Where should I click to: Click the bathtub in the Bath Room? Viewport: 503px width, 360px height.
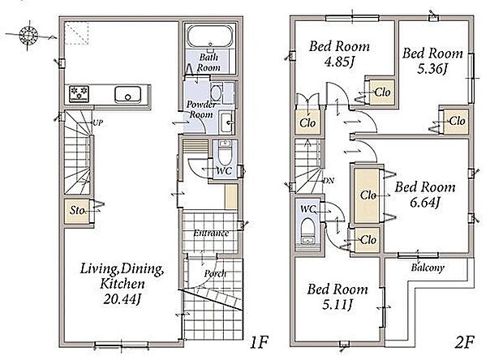tap(210, 36)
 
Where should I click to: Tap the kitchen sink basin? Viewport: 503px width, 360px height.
tap(127, 95)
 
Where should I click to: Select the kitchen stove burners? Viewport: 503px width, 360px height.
tap(79, 93)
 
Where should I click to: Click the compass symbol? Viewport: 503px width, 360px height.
tap(28, 35)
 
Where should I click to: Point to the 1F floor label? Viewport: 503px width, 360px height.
tap(259, 342)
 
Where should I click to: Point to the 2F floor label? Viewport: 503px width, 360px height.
tap(464, 342)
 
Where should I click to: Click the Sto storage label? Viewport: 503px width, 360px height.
tap(77, 210)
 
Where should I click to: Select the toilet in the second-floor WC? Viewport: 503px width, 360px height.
tap(308, 231)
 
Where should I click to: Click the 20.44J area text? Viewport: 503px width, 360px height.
tap(122, 299)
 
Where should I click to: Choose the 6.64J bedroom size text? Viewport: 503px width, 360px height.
tap(424, 202)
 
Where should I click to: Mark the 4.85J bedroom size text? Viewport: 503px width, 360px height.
tap(338, 62)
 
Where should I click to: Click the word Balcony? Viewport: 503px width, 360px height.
tap(428, 268)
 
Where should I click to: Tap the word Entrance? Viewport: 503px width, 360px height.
tap(211, 233)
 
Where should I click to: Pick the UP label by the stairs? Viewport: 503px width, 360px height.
tap(97, 122)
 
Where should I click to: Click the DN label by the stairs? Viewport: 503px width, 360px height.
tap(329, 181)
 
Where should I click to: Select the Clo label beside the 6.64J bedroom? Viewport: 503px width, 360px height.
tap(368, 195)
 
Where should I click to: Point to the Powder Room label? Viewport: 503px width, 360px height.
tap(201, 109)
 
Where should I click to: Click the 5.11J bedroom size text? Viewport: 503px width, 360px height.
tap(337, 304)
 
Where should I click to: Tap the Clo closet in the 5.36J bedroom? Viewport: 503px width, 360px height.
tap(455, 121)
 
